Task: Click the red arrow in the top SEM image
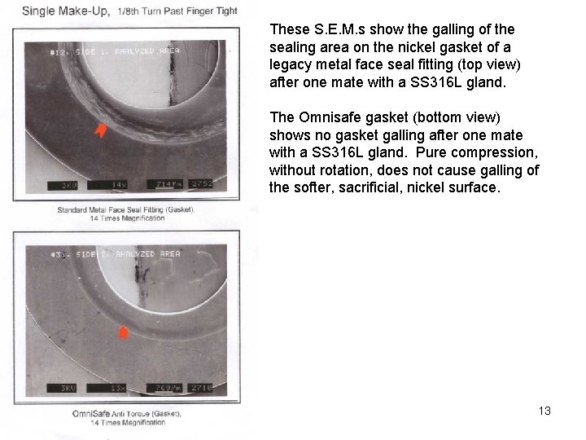(101, 130)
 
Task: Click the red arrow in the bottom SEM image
(124, 333)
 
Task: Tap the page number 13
(544, 411)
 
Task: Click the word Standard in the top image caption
(75, 210)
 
